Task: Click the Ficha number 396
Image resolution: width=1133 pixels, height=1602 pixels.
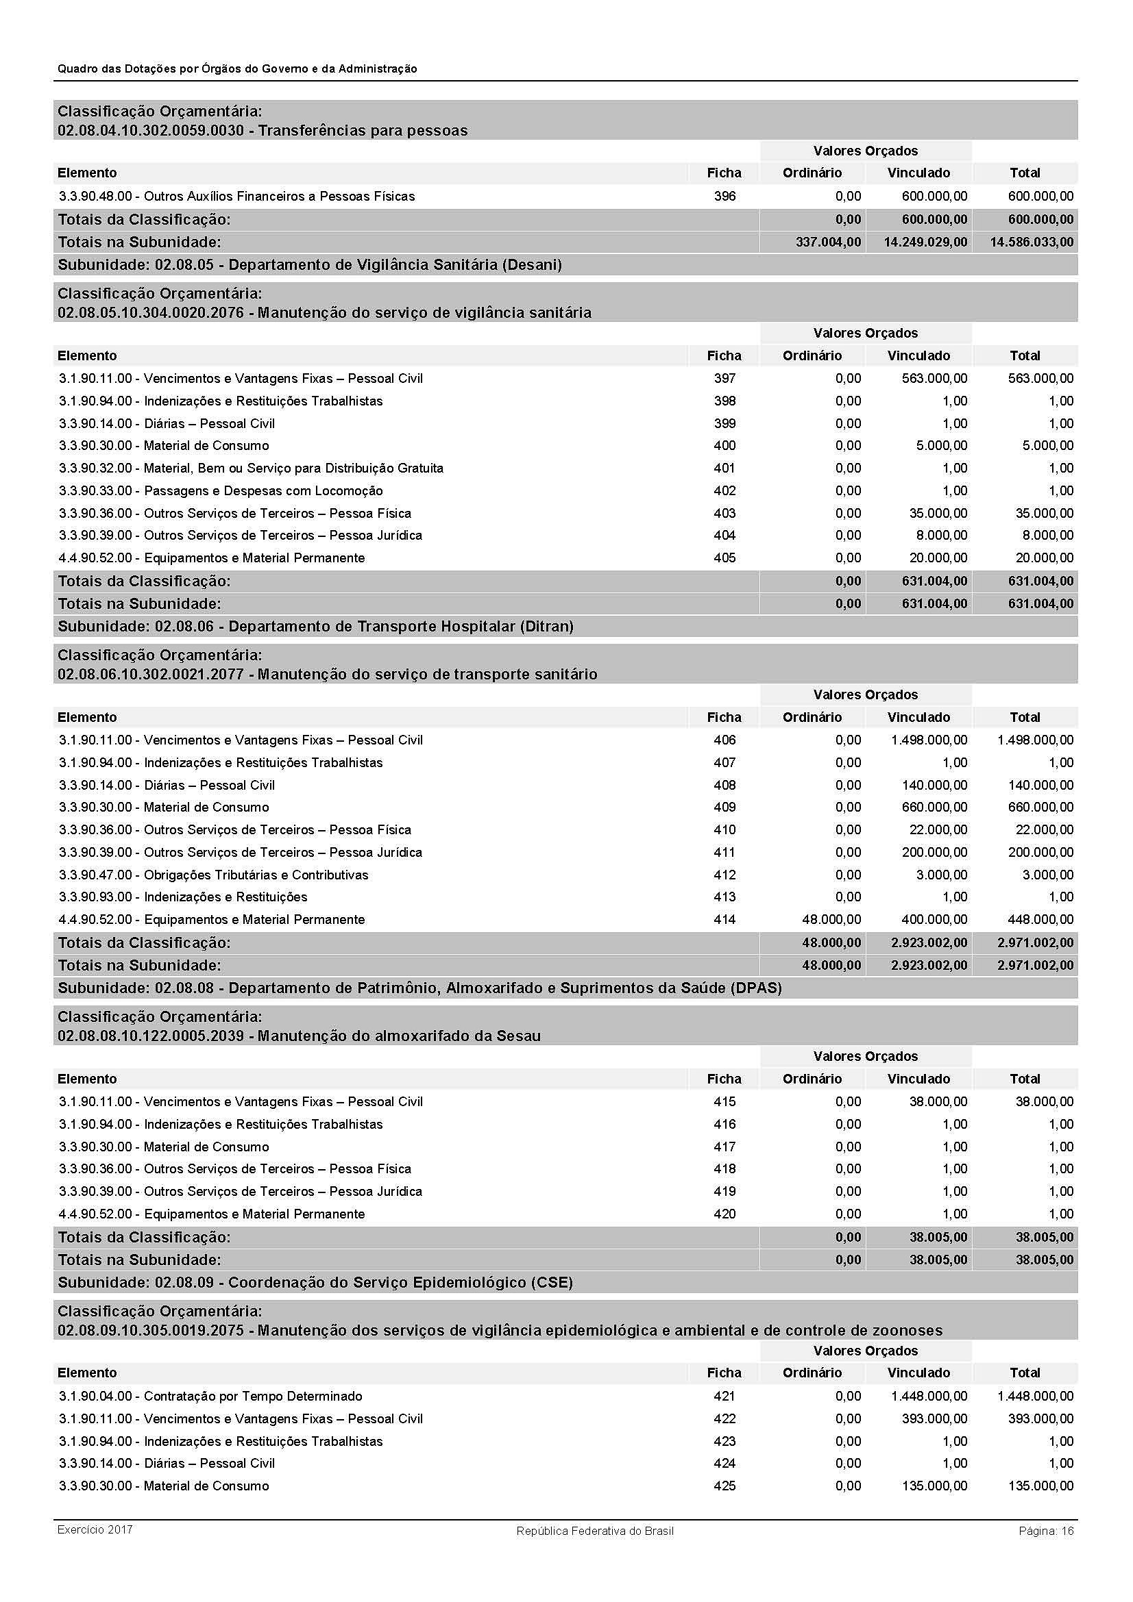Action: point(724,196)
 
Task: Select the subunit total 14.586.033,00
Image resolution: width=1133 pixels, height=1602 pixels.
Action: point(1031,242)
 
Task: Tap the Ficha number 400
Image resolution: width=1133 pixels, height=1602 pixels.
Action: point(724,445)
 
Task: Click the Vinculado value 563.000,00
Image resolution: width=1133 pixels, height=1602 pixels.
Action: point(929,378)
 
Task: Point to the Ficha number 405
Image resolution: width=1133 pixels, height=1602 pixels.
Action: point(724,558)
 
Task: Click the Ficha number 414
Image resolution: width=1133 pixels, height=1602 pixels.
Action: point(724,919)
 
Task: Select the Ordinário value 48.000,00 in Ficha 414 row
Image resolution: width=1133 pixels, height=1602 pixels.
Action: point(831,919)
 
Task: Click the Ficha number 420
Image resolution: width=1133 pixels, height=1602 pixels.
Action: point(724,1214)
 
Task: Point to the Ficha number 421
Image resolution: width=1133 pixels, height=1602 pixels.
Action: point(724,1395)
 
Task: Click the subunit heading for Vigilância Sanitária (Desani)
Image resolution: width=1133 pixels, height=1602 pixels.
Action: point(309,264)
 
